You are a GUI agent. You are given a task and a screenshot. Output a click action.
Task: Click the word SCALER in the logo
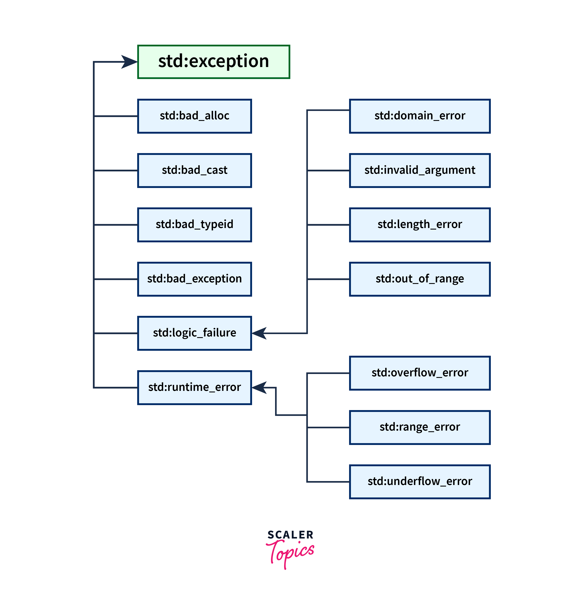point(290,535)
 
